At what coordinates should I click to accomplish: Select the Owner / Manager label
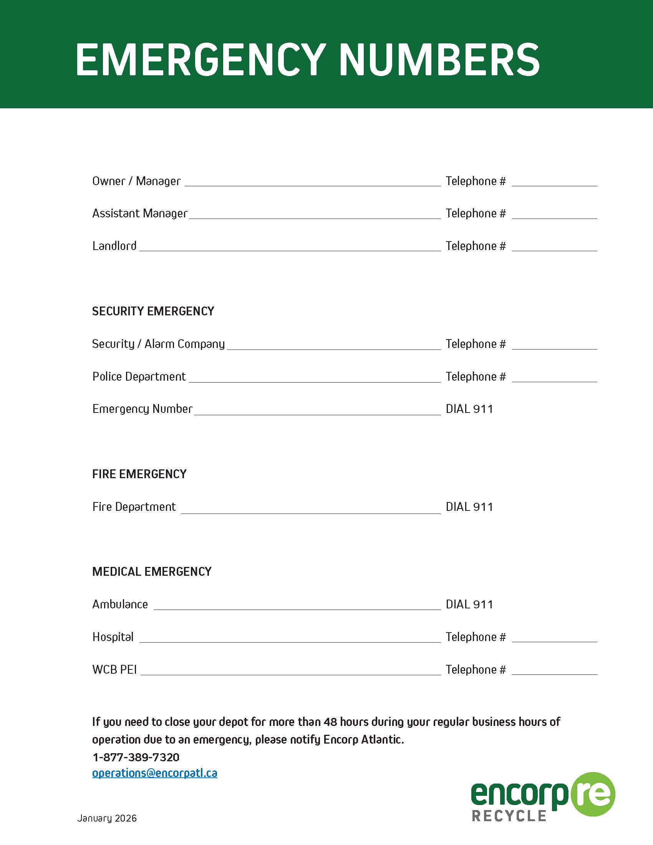coord(136,181)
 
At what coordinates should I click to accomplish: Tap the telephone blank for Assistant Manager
coord(554,215)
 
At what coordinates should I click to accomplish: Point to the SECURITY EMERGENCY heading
coord(153,311)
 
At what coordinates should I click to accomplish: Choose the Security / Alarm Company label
coord(158,344)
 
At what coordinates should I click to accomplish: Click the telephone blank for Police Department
coord(554,378)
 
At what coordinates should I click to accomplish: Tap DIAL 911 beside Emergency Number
coord(469,409)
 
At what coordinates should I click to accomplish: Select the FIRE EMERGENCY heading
coord(139,474)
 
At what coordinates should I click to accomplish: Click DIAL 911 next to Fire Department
coord(469,507)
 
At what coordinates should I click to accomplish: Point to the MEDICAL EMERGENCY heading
coord(152,572)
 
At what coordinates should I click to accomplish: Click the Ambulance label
coord(120,604)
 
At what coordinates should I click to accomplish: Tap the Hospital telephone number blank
coord(554,638)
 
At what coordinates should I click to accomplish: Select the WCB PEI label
coord(114,670)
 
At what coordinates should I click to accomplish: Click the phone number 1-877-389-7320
coord(136,757)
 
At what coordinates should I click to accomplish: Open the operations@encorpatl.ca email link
coord(155,773)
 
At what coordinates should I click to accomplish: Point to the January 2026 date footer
coord(107,818)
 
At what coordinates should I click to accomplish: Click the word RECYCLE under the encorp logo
coord(509,816)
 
